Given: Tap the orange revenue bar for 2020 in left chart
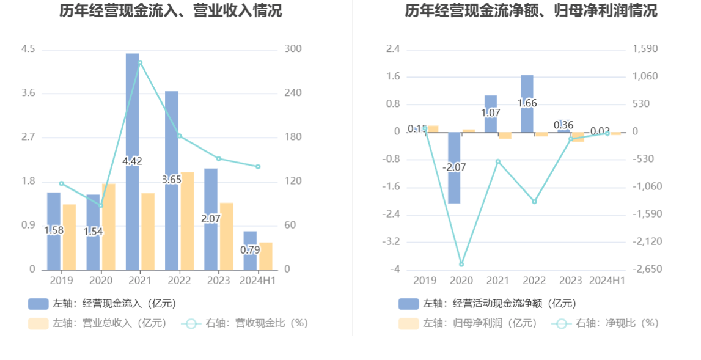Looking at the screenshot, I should (109, 226).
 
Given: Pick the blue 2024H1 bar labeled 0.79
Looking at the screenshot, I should (250, 251).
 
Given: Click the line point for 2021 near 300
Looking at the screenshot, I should (140, 62).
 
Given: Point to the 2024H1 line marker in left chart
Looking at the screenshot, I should (258, 167).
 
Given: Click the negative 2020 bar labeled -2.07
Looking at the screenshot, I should (454, 167).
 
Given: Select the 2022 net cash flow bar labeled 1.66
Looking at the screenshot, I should (527, 103).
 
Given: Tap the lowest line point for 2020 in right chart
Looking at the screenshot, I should (461, 264).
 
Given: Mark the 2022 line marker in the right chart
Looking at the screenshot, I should (534, 202).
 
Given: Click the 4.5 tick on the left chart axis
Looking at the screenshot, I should (29, 49).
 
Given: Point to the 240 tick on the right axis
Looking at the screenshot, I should (293, 93).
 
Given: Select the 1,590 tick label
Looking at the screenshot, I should (645, 49).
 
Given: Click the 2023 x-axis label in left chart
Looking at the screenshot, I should (218, 281).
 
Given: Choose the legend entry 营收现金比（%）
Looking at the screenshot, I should (244, 323).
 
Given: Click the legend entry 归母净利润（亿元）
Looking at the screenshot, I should (468, 323).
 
